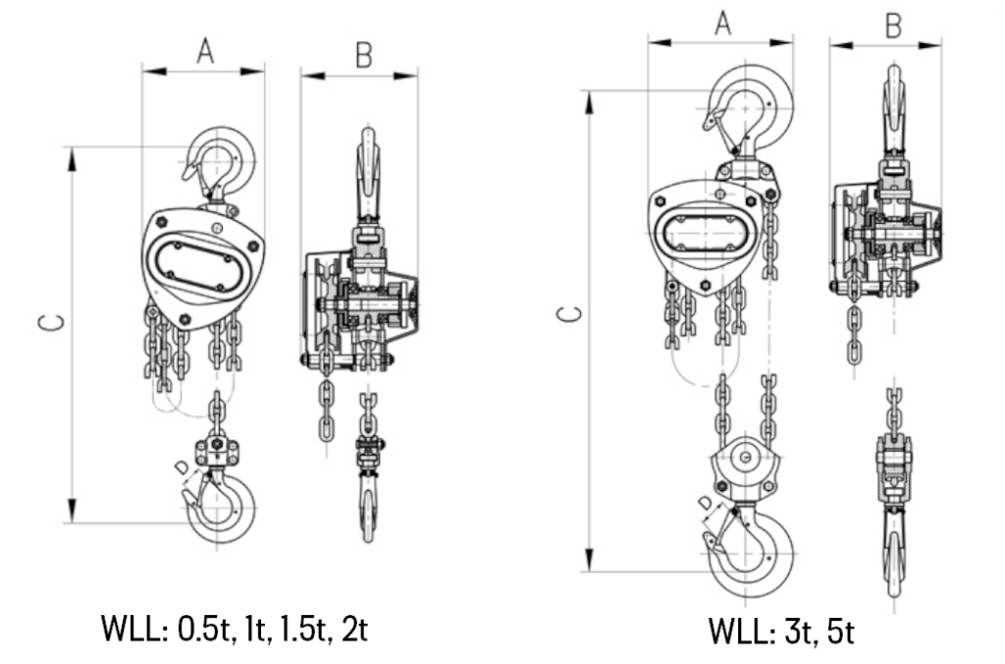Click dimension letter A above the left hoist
click(204, 52)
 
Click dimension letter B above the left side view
click(362, 56)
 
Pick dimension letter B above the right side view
click(892, 27)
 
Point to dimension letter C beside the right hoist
click(567, 315)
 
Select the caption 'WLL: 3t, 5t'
click(781, 630)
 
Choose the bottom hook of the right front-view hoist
click(753, 549)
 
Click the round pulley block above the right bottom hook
click(745, 461)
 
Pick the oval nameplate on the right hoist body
click(704, 235)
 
